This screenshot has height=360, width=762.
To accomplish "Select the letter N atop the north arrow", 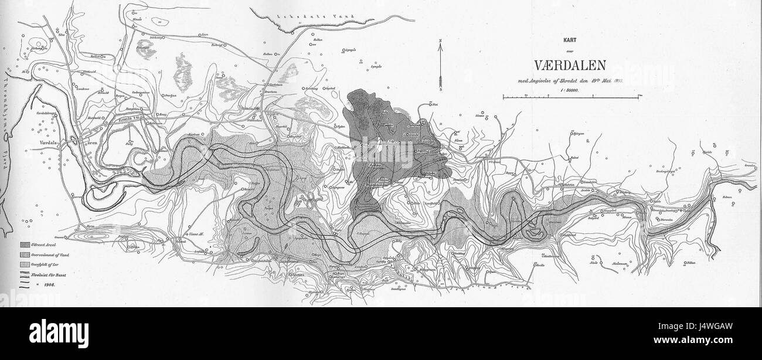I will pos(439,40).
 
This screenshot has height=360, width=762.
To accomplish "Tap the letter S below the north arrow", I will pos(439,91).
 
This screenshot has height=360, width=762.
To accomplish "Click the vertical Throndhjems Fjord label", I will pos(7,123).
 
